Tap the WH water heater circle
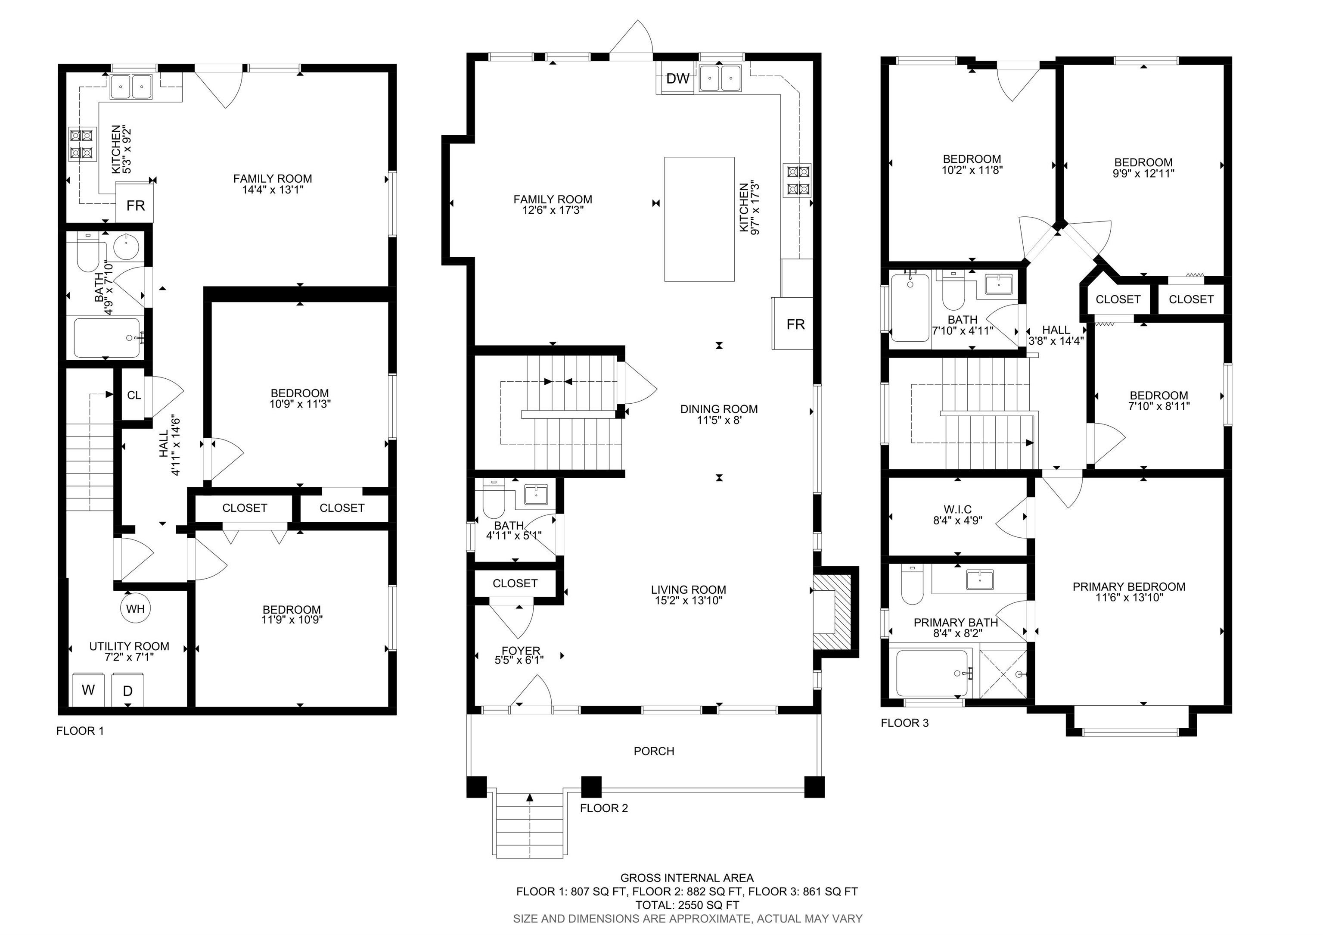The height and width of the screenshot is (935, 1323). (135, 609)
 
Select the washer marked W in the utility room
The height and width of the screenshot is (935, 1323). (88, 690)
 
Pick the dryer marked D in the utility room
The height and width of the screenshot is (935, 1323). (128, 690)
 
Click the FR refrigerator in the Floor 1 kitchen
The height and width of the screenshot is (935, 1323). (135, 203)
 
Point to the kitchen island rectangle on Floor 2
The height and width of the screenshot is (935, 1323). (699, 219)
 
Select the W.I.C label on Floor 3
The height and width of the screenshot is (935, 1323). (958, 510)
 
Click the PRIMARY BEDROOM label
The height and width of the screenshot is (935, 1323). (1129, 587)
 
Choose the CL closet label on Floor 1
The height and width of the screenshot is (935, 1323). (134, 396)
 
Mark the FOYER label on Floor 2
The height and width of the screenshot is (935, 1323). (521, 651)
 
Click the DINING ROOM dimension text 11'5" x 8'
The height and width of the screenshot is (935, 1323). (719, 420)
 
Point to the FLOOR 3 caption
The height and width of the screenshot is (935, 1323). (905, 723)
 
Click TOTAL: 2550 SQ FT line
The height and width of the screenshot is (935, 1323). (687, 905)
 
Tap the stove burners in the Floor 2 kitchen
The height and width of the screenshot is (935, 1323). (797, 180)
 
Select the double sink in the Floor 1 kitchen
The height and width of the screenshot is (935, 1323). (132, 87)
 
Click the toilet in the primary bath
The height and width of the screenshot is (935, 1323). (912, 585)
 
